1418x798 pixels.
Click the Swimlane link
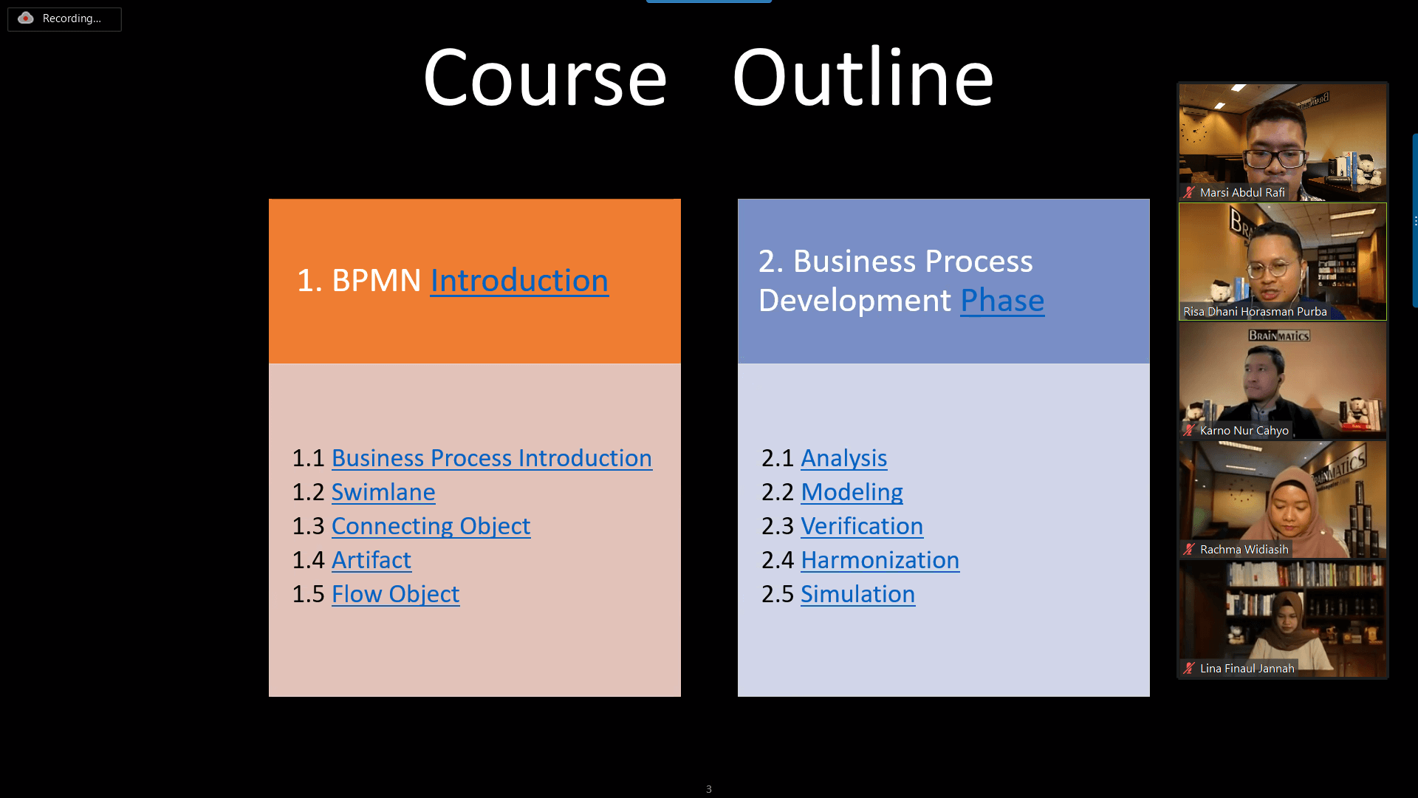383,492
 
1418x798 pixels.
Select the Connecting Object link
431,526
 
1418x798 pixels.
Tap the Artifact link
371,560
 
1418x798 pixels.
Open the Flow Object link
395,594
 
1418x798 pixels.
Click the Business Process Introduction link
491,458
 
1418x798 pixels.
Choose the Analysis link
843,458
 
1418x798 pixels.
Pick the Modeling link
852,492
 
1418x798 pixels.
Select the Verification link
861,526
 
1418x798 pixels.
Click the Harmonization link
880,560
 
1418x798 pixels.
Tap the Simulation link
857,594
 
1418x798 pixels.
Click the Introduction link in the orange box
519,281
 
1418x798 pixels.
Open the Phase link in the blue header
1002,301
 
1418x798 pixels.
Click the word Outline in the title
863,78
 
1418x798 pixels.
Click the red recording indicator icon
26,18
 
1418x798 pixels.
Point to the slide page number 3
709,789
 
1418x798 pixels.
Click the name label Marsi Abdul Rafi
1242,193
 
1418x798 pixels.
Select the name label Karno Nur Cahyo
1244,431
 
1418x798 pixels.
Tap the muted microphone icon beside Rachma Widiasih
1188,550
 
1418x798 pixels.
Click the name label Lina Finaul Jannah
1247,669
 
